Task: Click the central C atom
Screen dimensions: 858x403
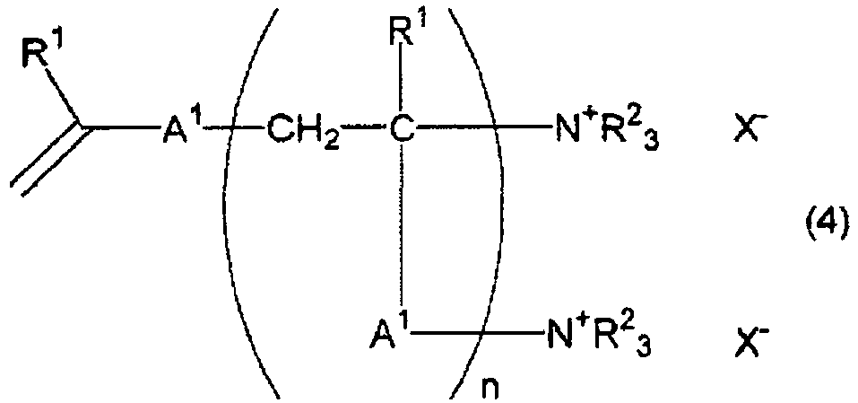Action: tap(402, 132)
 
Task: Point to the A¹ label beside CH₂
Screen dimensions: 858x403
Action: tap(182, 130)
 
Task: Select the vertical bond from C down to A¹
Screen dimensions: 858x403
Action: tap(403, 232)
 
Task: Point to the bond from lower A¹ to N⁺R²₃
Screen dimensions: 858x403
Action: tap(478, 334)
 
